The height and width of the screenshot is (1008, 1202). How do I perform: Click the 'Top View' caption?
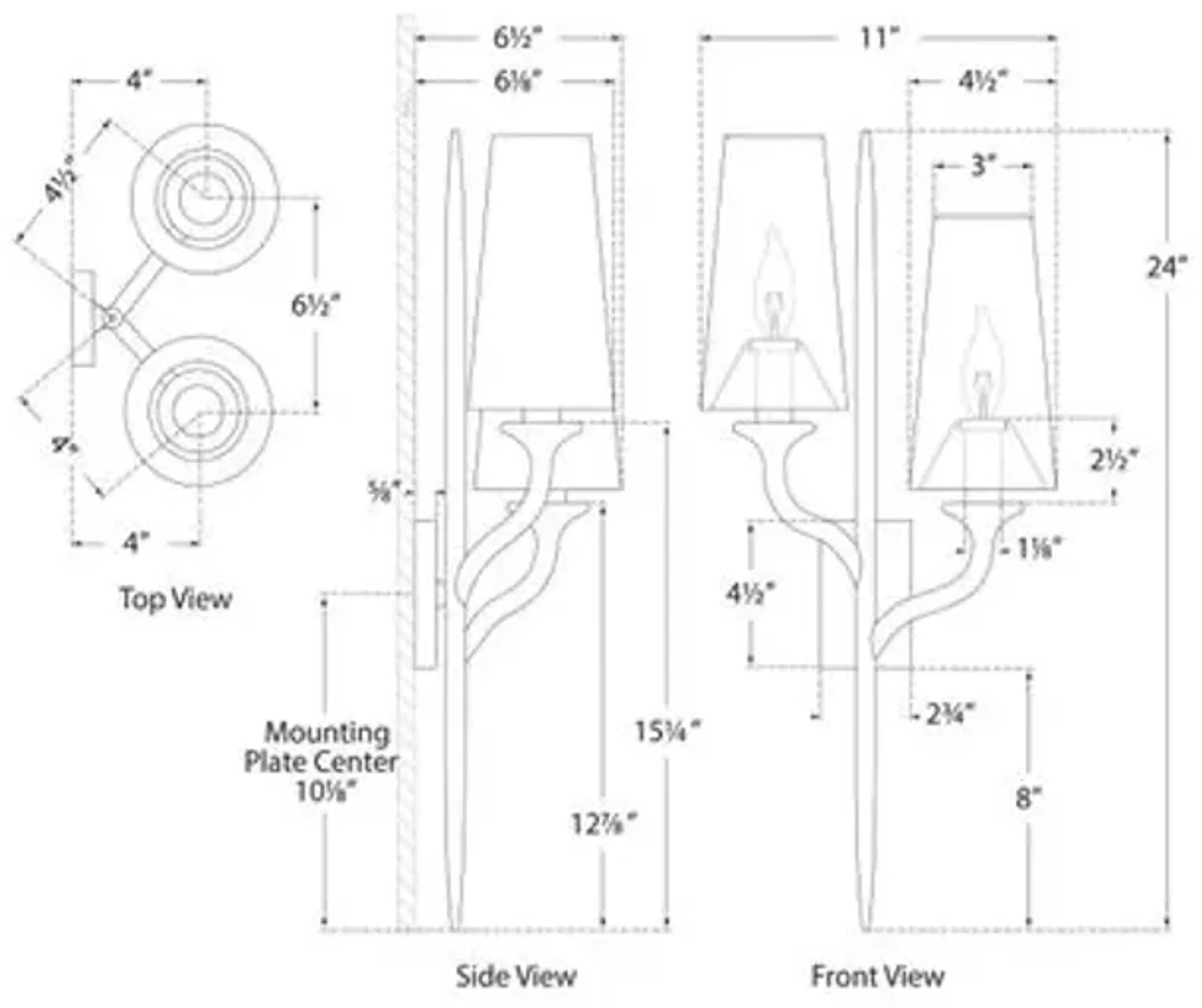176,599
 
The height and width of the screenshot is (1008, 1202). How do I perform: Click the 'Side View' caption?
516,976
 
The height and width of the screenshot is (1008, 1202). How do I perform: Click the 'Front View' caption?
877,976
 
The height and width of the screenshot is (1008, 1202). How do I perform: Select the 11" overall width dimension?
877,39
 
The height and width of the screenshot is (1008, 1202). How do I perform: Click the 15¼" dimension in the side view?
667,732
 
